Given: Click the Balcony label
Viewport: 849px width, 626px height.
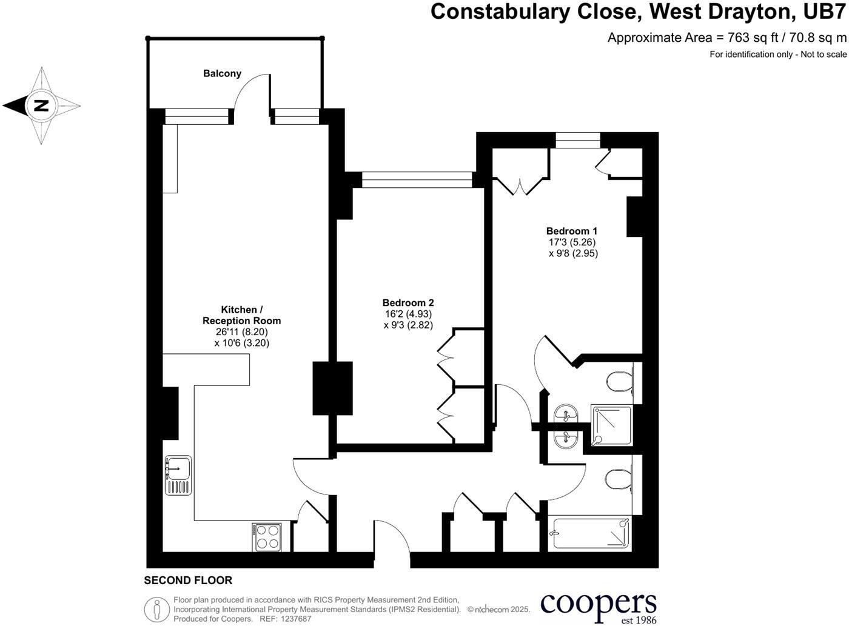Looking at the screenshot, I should click(222, 73).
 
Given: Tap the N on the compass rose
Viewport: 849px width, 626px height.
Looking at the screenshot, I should click(41, 105).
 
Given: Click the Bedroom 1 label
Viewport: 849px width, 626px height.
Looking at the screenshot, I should click(571, 231).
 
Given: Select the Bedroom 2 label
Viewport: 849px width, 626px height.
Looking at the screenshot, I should click(408, 303).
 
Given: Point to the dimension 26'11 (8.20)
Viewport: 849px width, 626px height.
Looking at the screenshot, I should click(241, 332).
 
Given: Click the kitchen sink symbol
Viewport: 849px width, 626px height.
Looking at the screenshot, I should click(178, 475).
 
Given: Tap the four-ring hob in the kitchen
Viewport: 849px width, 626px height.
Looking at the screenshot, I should click(266, 536).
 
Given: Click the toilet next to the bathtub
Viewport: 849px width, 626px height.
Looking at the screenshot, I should click(617, 481).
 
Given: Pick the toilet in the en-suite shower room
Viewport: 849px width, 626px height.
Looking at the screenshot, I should click(619, 382).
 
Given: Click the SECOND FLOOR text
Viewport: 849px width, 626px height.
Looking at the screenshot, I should click(188, 581).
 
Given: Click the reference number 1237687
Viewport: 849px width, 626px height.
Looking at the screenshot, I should click(294, 619).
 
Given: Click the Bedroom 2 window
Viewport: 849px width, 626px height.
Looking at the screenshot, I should click(417, 179).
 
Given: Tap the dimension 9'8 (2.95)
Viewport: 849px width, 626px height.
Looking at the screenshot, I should click(573, 253).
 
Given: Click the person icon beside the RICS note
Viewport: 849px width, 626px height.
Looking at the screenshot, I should click(156, 609).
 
